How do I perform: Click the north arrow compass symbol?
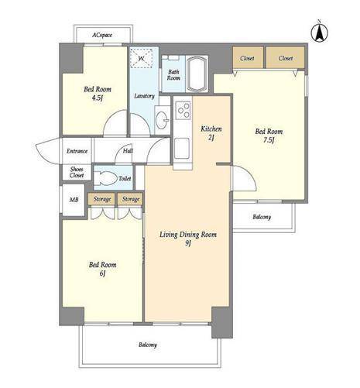pyautogui.click(x=319, y=32)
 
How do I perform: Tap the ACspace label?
pyautogui.click(x=102, y=35)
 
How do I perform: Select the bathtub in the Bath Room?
pyautogui.click(x=197, y=74)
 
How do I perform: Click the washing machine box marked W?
pyautogui.click(x=141, y=58)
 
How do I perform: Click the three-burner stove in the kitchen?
pyautogui.click(x=183, y=110)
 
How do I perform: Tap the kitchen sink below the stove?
pyautogui.click(x=182, y=148)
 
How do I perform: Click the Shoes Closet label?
pyautogui.click(x=77, y=172)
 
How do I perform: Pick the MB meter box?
pyautogui.click(x=74, y=200)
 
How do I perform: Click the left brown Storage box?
pyautogui.click(x=101, y=199)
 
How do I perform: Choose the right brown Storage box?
pyautogui.click(x=130, y=199)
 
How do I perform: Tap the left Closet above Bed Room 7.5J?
pyautogui.click(x=248, y=58)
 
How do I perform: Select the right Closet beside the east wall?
pyautogui.click(x=286, y=58)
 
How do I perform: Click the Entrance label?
pyautogui.click(x=77, y=151)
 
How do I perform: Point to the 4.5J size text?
pyautogui.click(x=97, y=98)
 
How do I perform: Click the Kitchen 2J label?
pyautogui.click(x=211, y=133)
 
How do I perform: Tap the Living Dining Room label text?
pyautogui.click(x=188, y=235)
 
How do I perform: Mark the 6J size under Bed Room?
pyautogui.click(x=102, y=273)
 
